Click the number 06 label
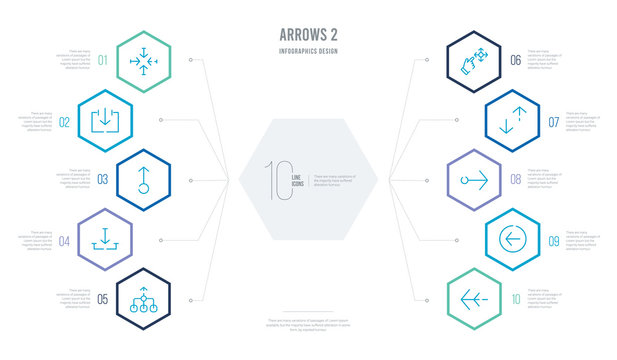point(515,59)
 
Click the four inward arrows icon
point(140,59)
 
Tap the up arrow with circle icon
point(144,180)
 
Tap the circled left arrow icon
point(511,240)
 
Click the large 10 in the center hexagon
point(277,180)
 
